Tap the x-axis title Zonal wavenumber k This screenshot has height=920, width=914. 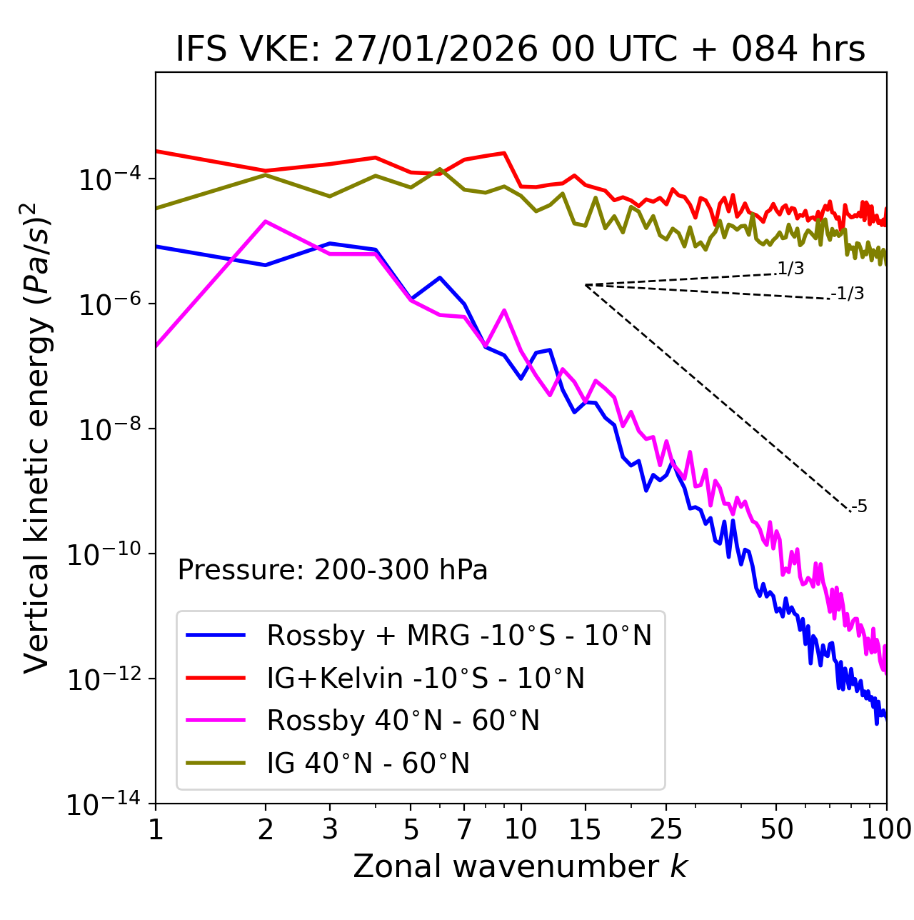(520, 866)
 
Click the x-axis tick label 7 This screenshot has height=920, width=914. (464, 829)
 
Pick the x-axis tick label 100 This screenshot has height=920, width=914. (886, 829)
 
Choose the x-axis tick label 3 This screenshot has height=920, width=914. (330, 829)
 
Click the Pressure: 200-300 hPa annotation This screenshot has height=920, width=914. (332, 570)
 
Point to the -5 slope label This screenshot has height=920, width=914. (860, 507)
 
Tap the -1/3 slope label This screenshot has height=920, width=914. (848, 294)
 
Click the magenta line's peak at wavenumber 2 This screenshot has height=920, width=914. (266, 221)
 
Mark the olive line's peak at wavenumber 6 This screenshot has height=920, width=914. (440, 169)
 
